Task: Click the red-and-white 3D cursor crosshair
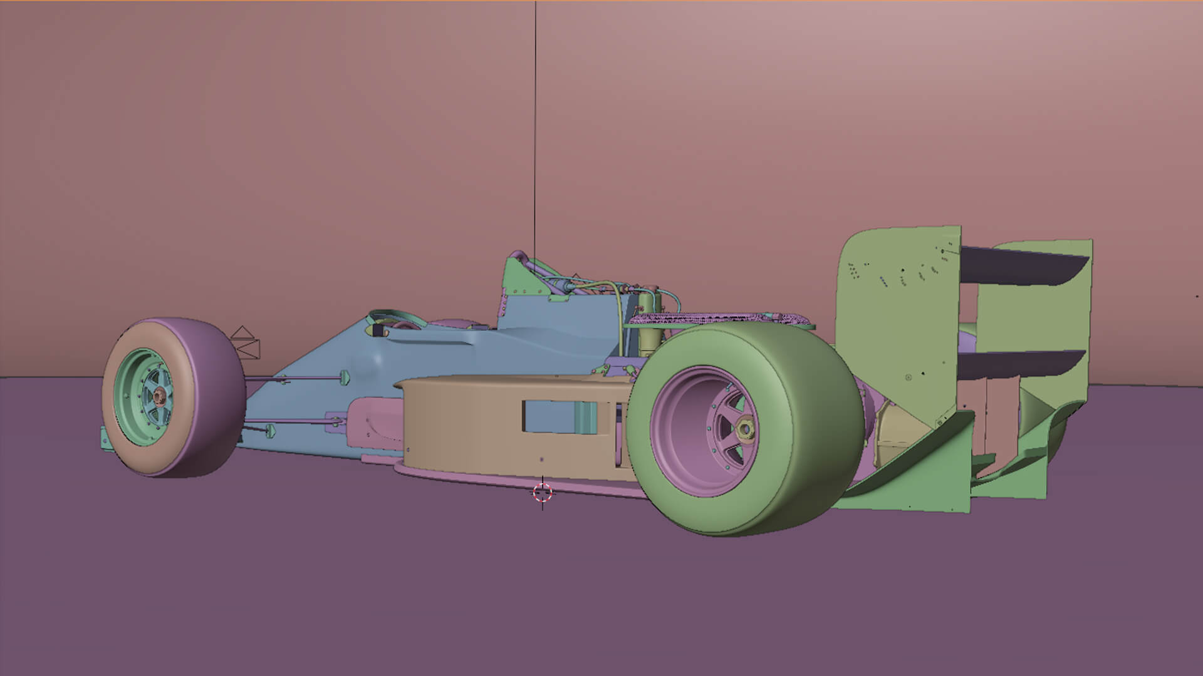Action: point(543,493)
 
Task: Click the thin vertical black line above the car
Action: point(535,125)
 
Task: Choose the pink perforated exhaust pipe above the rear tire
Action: point(721,319)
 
